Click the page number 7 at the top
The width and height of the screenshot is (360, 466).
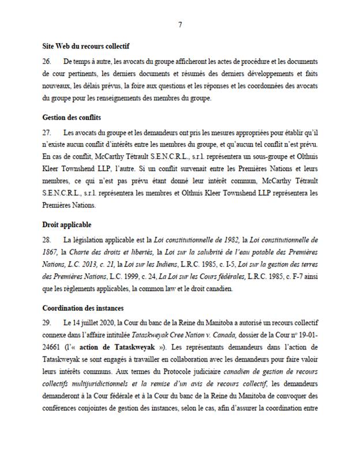[x=180, y=25]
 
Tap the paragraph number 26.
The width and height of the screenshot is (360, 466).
[x=47, y=61]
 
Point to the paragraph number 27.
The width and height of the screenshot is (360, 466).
[x=47, y=132]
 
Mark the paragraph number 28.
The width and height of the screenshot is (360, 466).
[x=47, y=238]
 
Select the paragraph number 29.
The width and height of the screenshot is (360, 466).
[x=47, y=322]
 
